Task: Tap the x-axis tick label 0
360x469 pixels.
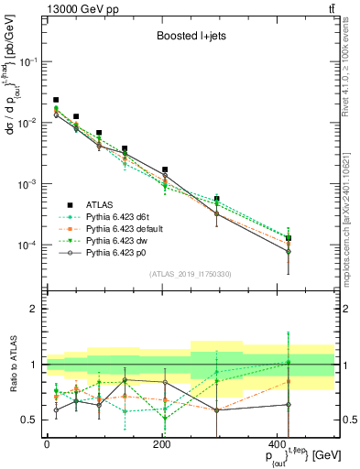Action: pyautogui.click(x=47, y=443)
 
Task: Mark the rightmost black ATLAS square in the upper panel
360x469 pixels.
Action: pyautogui.click(x=289, y=238)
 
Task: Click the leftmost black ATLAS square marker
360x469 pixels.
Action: pyautogui.click(x=56, y=100)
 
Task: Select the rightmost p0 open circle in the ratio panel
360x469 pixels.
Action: pyautogui.click(x=289, y=404)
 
